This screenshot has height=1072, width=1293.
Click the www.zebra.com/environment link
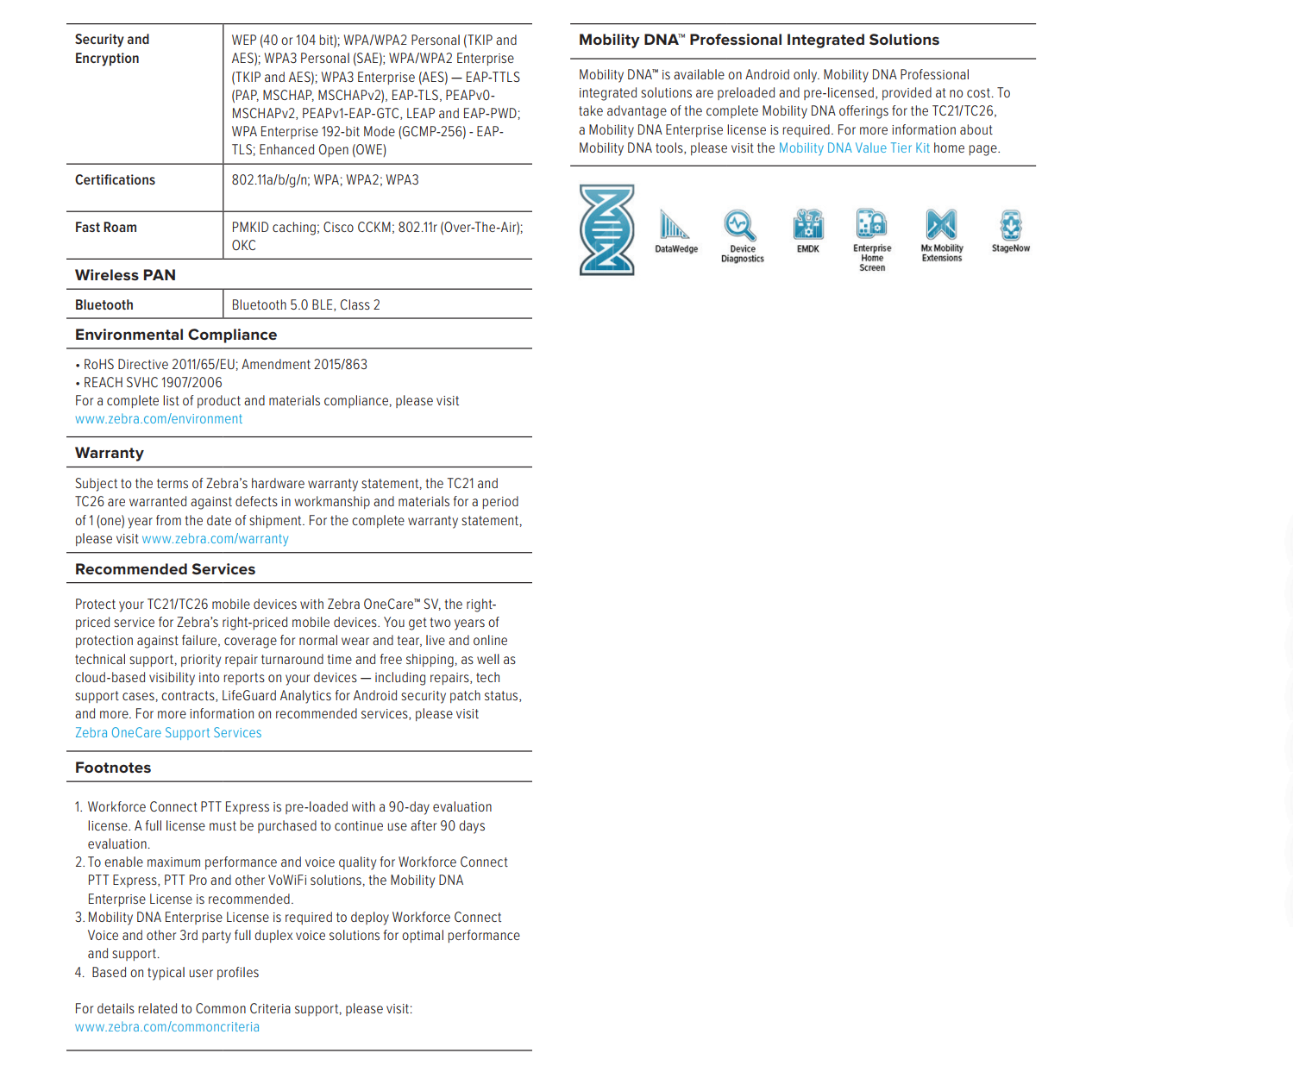(159, 419)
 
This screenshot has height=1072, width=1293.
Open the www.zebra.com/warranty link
(215, 539)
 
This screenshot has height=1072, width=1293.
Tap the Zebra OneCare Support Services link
(168, 733)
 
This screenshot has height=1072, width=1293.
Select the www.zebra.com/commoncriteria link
(167, 1027)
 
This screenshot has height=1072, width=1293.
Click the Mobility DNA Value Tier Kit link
(854, 148)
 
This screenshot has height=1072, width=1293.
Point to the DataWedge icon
(674, 225)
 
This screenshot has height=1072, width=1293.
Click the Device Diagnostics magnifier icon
(740, 225)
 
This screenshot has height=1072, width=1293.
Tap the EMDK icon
(808, 224)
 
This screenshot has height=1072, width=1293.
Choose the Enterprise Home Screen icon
(871, 223)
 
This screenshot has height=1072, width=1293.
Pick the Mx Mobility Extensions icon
(941, 224)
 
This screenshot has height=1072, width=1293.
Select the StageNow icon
(1011, 225)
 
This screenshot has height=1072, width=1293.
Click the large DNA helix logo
(607, 229)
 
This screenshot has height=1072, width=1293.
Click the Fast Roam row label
(106, 228)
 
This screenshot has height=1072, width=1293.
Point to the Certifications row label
(115, 180)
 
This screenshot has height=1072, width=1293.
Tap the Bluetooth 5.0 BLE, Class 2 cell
(306, 305)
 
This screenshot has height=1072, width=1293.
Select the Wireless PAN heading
(125, 275)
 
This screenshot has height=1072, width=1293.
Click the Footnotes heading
(113, 768)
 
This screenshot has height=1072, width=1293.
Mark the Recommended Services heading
(165, 569)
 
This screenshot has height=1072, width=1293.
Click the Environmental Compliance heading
(176, 335)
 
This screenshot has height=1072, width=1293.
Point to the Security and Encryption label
(111, 49)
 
